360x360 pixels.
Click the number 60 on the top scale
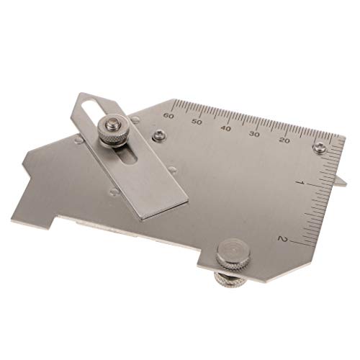click(168, 116)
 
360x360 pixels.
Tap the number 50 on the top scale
click(197, 122)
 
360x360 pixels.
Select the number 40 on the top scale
click(226, 128)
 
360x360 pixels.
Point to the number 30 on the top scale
click(255, 134)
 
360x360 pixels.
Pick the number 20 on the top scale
click(284, 140)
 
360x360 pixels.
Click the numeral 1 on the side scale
click(301, 183)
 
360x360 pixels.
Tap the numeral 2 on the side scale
click(282, 238)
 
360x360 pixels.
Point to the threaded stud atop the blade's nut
click(112, 124)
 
